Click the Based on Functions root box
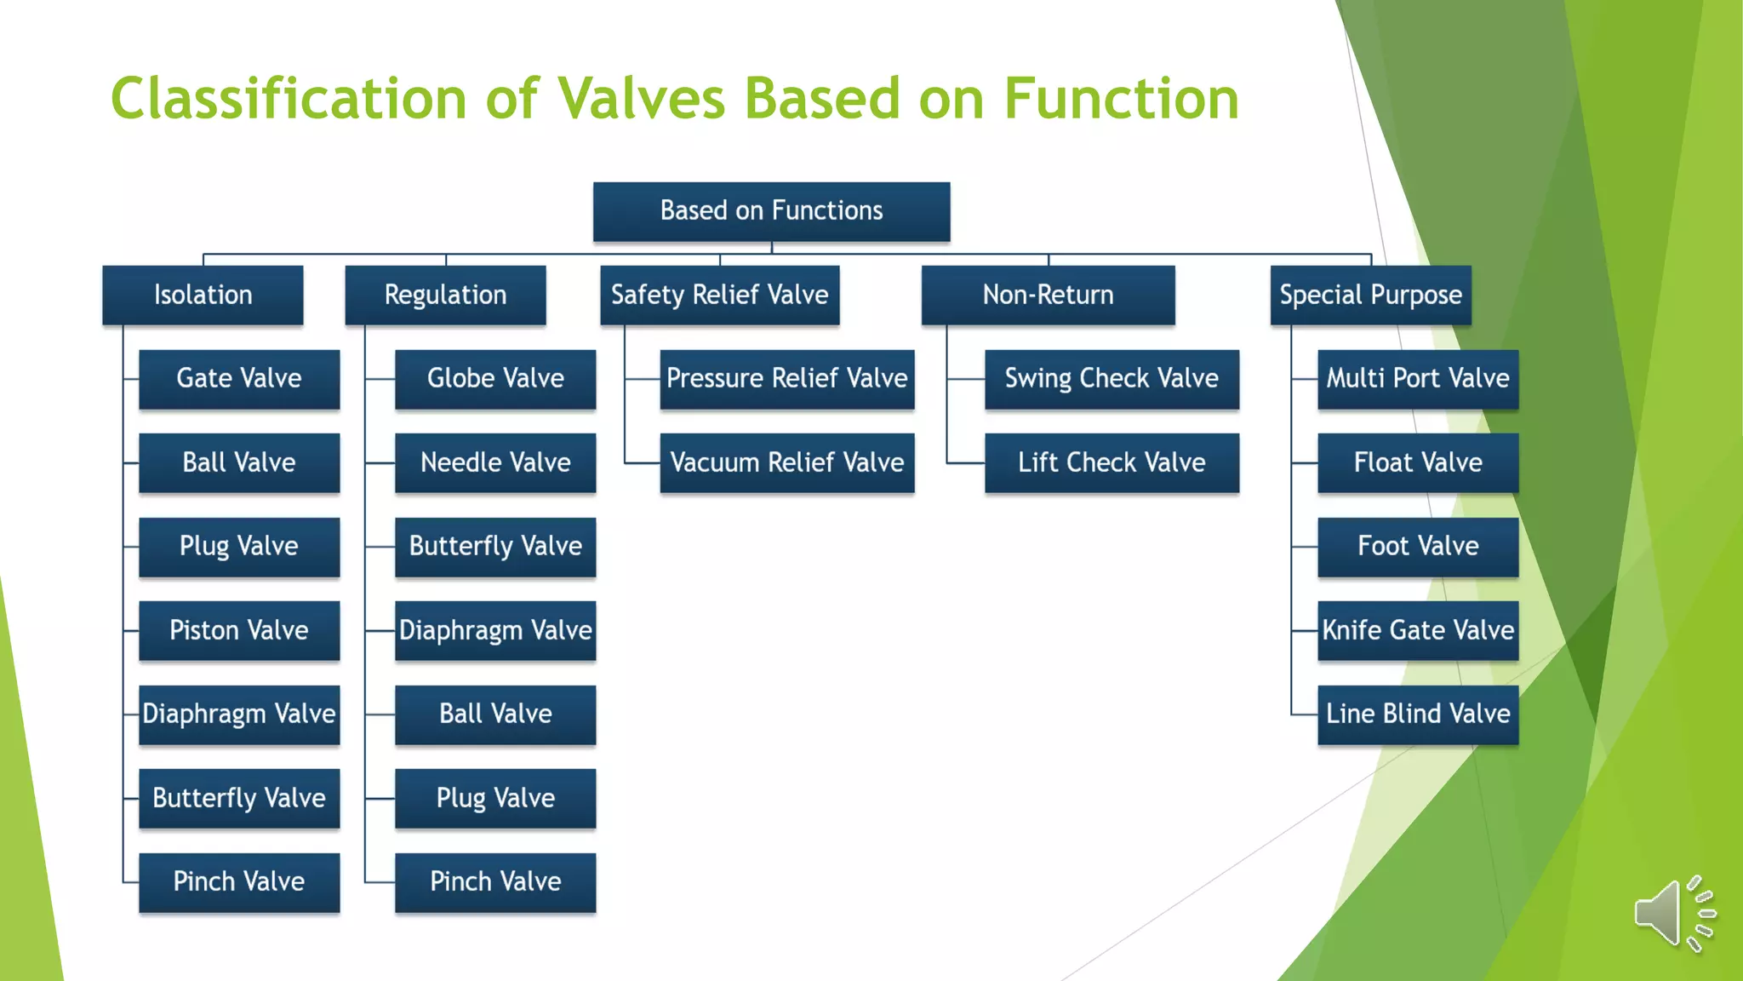(771, 211)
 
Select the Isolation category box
(203, 295)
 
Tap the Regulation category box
(445, 295)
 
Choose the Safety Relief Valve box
(719, 295)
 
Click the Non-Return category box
(1048, 295)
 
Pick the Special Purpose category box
(1370, 295)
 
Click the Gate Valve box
(239, 379)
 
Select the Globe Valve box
(495, 379)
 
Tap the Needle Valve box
(495, 462)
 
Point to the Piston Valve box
(239, 630)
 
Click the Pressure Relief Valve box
(786, 379)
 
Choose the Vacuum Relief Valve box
(786, 462)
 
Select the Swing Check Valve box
(1112, 379)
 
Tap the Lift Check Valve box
(1112, 462)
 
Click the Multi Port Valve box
(1418, 379)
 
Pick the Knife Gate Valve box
(1418, 630)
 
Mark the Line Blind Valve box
(1418, 714)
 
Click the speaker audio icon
(1673, 913)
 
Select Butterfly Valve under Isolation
(239, 798)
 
